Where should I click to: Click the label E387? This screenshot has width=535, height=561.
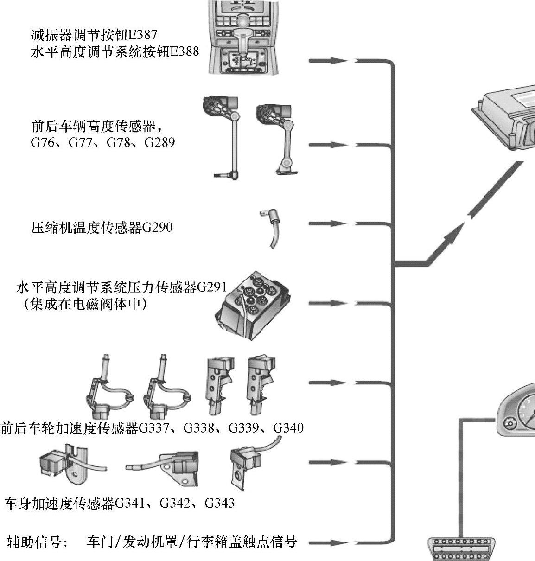(143, 35)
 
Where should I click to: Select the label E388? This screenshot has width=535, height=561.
(185, 51)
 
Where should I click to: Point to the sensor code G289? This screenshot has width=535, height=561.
(160, 142)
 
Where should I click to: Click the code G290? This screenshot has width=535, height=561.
(157, 228)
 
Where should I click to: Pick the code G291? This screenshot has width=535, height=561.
(211, 287)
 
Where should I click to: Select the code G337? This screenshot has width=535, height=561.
(153, 428)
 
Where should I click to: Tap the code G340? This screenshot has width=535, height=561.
(288, 428)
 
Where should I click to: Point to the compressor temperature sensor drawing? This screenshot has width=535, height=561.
(270, 228)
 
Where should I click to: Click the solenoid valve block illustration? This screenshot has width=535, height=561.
(253, 306)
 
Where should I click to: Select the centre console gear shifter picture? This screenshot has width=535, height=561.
(243, 37)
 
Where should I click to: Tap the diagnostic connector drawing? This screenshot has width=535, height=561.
(461, 548)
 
